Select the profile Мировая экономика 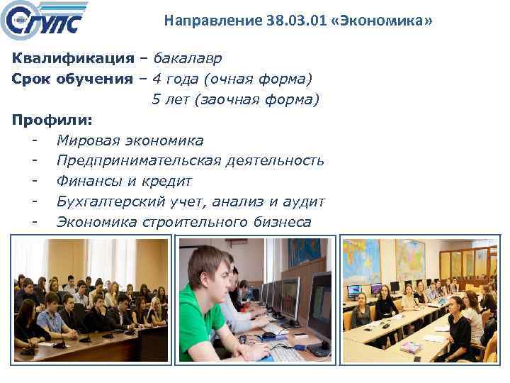pos(130,140)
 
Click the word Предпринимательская pos(139,161)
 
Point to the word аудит pos(304,202)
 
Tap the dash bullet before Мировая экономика pos(34,140)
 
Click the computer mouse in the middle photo pos(268,335)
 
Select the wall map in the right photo pos(397,258)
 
